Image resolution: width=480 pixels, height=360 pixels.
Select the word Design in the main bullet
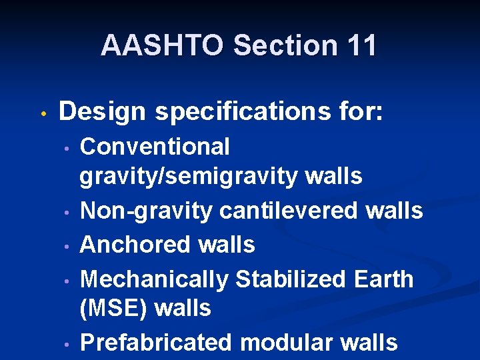pyautogui.click(x=102, y=111)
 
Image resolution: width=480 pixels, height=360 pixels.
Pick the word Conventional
pyautogui.click(x=155, y=146)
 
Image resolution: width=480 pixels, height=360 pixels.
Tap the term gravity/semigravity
pyautogui.click(x=189, y=177)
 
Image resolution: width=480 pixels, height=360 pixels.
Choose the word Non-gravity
pyautogui.click(x=147, y=211)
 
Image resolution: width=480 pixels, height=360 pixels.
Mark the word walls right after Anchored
pyautogui.click(x=226, y=245)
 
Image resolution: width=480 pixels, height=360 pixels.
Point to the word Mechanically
pyautogui.click(x=153, y=279)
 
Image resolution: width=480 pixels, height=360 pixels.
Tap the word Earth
pyautogui.click(x=385, y=279)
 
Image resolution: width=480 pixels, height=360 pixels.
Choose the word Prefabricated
pyautogui.click(x=157, y=343)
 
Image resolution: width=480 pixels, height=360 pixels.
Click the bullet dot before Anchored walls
pyautogui.click(x=67, y=246)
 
